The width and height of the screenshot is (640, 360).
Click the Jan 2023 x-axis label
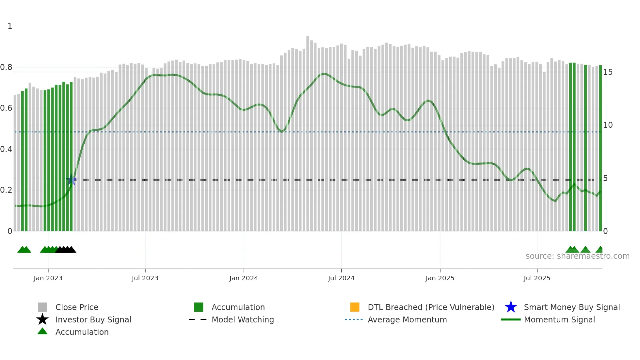point(48,278)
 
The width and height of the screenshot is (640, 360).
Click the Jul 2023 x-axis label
point(145,278)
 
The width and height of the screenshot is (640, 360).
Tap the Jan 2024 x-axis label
point(244,278)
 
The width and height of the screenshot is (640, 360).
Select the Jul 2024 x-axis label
point(341,278)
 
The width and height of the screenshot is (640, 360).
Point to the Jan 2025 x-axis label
point(440,278)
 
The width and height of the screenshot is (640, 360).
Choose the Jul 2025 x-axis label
point(537,278)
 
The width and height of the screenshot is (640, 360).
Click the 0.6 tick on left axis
point(6,108)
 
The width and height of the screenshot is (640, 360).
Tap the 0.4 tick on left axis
point(6,149)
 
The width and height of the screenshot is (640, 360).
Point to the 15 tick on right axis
point(608,72)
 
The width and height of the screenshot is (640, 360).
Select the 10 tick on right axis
point(608,125)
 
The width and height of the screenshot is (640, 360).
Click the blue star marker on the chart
point(71,180)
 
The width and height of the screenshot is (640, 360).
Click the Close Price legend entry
point(77,307)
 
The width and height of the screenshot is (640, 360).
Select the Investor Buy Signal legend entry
point(93,319)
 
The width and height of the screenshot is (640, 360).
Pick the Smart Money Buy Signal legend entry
point(571,307)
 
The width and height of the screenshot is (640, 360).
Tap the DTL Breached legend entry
point(431,307)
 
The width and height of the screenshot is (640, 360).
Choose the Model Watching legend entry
point(242,319)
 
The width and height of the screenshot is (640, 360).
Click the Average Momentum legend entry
point(407,319)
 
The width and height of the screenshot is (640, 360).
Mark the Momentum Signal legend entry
point(559,319)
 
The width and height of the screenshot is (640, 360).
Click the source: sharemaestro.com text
point(577,256)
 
